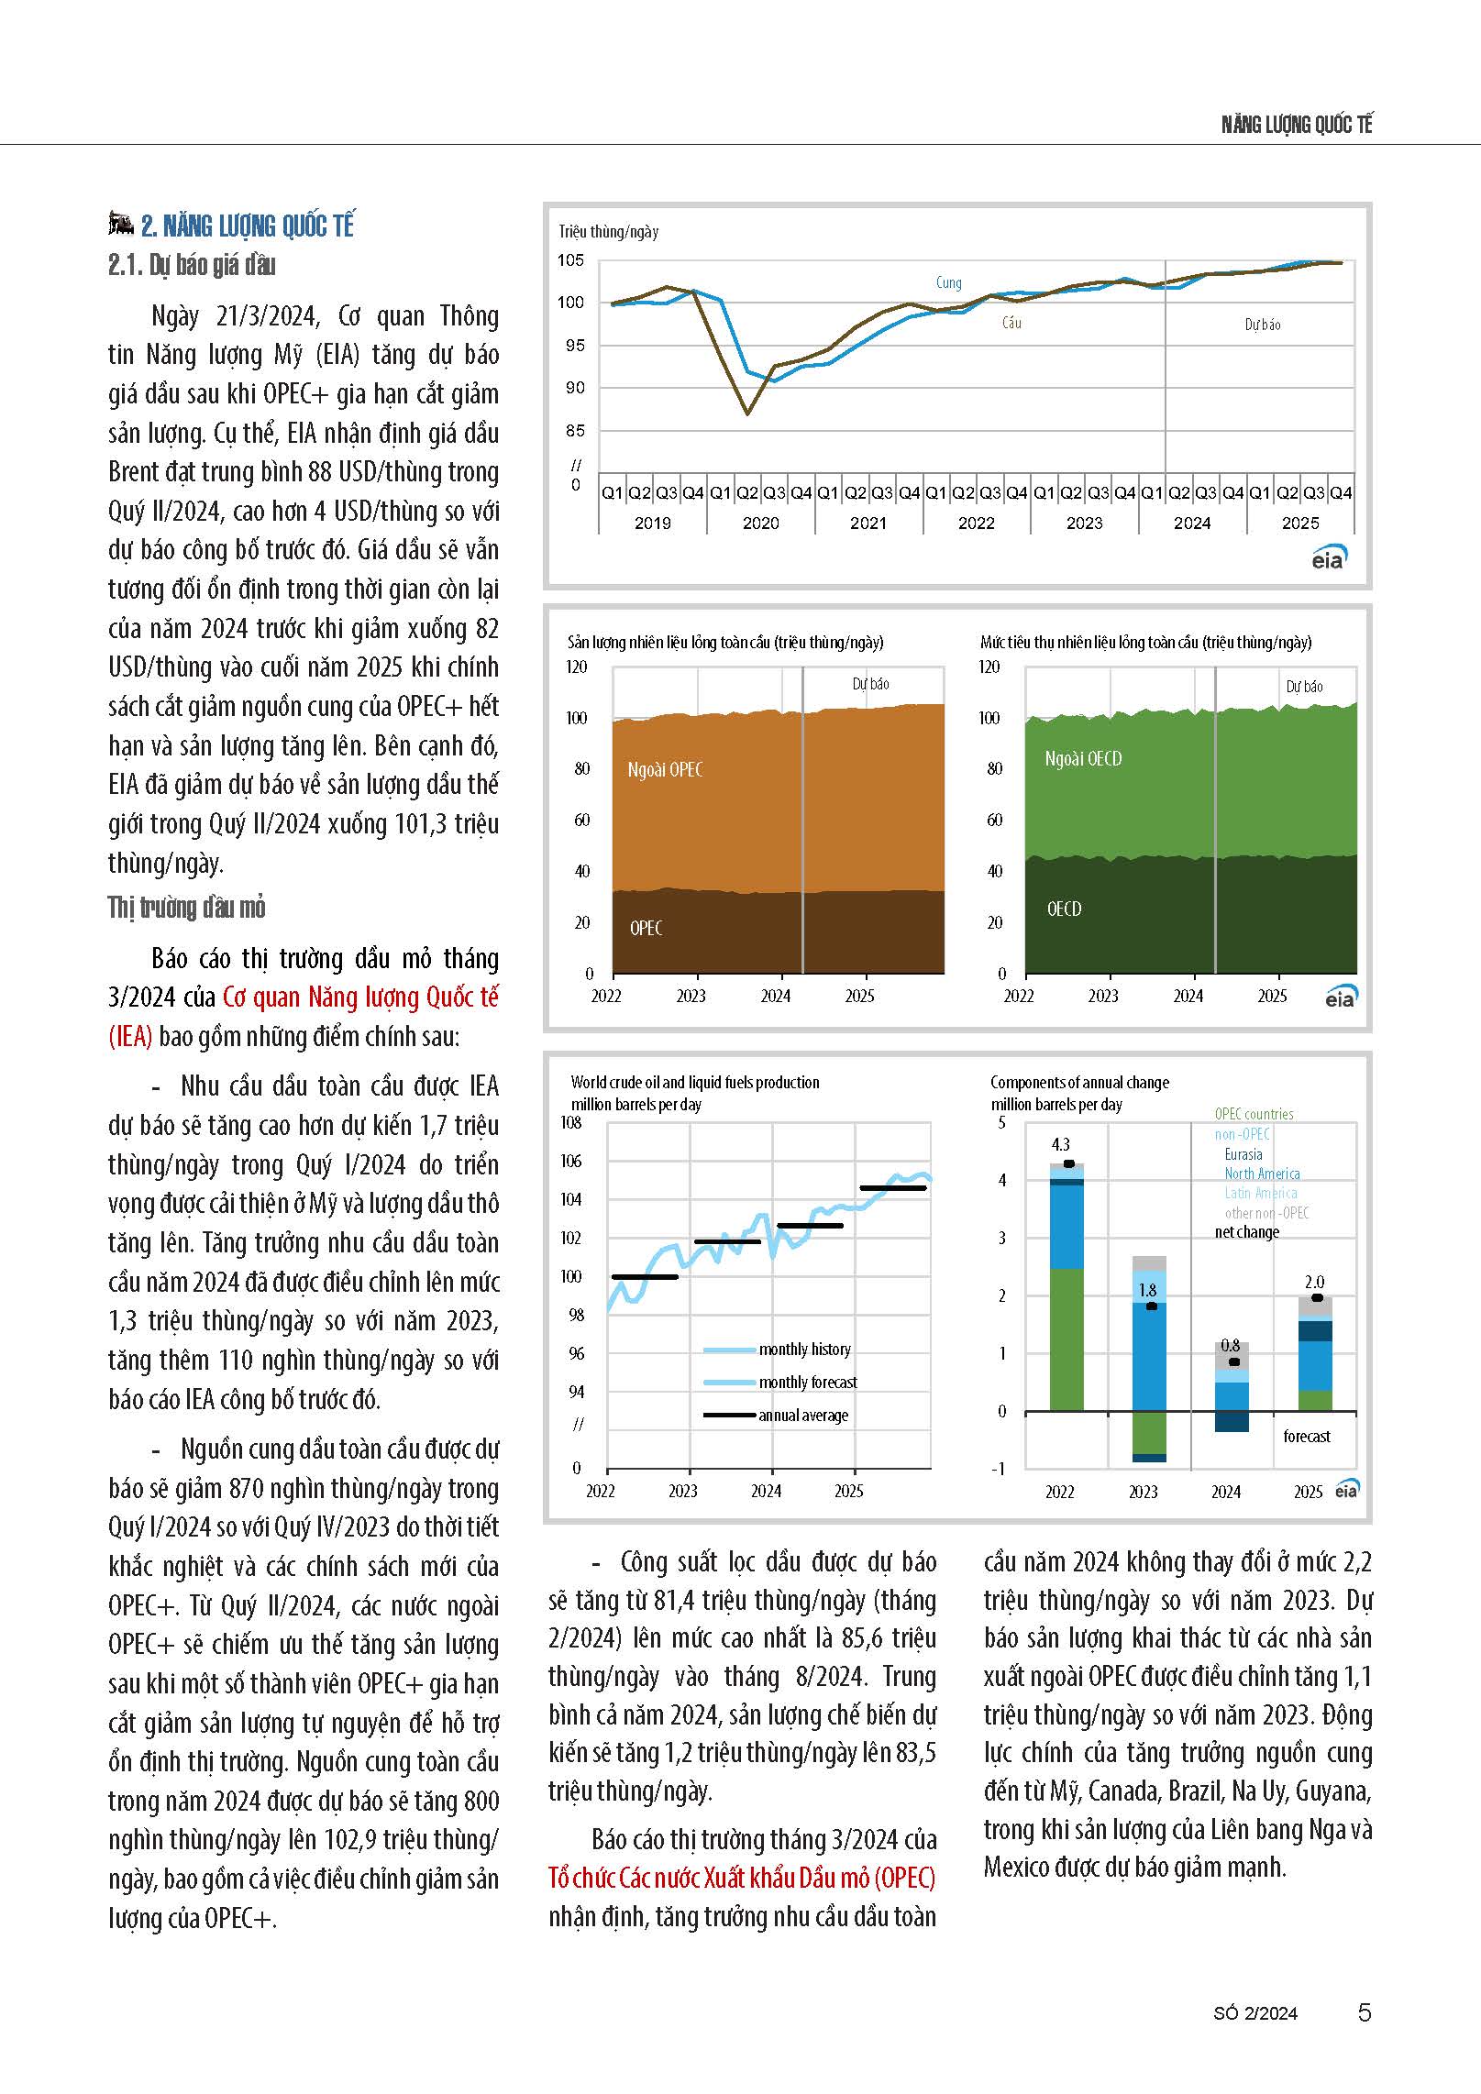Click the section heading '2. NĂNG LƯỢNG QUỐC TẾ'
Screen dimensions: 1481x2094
247,226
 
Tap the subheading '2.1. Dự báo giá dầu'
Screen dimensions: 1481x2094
192,265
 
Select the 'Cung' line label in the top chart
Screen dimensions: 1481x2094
949,282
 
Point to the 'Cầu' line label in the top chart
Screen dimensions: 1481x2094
1011,323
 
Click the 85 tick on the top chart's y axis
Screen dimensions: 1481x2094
574,430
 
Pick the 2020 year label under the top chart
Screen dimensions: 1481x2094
760,523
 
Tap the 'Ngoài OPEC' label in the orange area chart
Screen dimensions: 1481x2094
665,770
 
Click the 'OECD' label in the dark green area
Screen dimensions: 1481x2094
1064,909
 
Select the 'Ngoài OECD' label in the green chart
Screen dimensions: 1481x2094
1083,759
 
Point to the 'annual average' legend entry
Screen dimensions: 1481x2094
803,1416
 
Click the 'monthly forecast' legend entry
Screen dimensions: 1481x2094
808,1383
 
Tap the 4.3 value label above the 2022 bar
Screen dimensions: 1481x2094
1060,1144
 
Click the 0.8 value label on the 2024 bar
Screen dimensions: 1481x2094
1231,1346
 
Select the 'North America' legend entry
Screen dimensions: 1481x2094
1262,1174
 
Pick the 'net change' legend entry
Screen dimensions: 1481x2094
1247,1232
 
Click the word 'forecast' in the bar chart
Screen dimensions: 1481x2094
1307,1437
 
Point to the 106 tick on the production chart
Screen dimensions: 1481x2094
570,1161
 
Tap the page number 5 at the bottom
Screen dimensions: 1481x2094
1365,2012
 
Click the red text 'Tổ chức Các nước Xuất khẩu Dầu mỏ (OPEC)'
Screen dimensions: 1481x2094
742,1878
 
